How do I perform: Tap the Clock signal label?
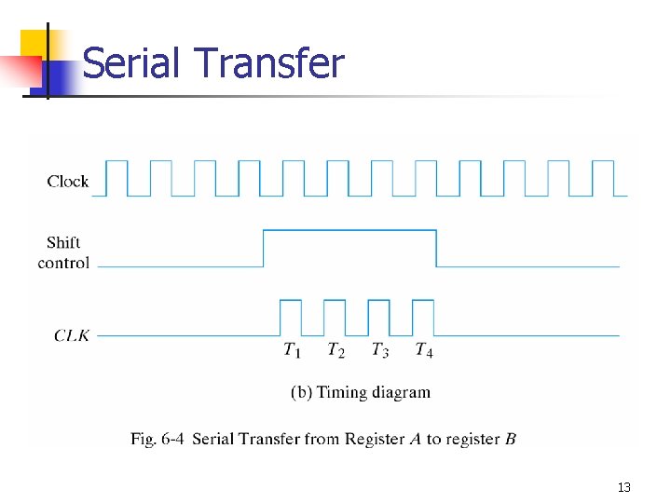(x=68, y=181)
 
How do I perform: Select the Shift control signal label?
(x=63, y=252)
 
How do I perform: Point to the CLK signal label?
(x=71, y=334)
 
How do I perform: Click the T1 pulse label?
(x=292, y=350)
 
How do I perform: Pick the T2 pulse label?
(x=335, y=350)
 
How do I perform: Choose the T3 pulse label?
(x=379, y=350)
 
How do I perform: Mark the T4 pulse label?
(x=423, y=350)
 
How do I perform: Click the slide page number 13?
(x=623, y=487)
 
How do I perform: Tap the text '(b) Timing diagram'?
(x=361, y=392)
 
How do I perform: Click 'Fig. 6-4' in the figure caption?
(x=157, y=439)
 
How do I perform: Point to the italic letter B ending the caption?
(x=511, y=439)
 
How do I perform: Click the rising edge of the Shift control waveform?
(x=264, y=248)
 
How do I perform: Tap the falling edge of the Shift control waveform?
(x=436, y=248)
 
